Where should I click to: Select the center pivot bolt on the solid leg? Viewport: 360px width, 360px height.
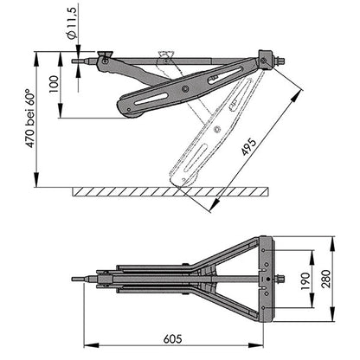tap(183, 87)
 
